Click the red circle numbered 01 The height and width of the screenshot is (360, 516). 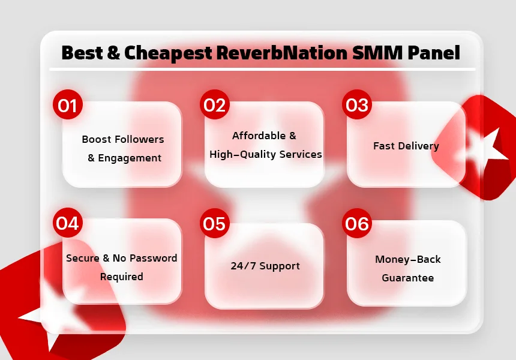tap(67, 104)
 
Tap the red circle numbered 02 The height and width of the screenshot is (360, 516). tap(215, 104)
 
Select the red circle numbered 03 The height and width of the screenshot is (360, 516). tap(357, 104)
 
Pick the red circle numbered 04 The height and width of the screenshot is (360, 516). tap(67, 223)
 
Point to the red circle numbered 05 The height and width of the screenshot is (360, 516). tap(215, 223)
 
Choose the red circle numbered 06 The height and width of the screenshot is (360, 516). tap(357, 223)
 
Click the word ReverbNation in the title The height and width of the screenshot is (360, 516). tap(282, 53)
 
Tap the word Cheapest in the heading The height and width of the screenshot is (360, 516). tap(168, 53)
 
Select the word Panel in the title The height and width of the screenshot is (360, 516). tap(434, 53)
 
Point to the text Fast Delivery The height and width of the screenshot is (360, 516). tap(406, 146)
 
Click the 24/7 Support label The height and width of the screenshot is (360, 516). tap(265, 266)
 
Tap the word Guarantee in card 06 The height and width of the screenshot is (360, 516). tap(408, 278)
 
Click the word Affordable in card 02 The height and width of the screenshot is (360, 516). tap(259, 136)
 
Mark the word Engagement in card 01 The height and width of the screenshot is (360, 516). tap(130, 158)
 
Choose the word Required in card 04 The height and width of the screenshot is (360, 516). tap(121, 277)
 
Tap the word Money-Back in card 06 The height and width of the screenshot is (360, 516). tap(408, 259)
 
